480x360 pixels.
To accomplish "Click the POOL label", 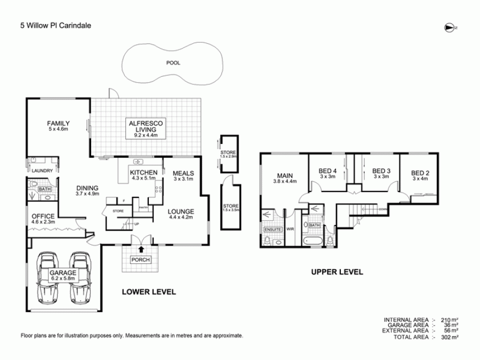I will [x=173, y=63].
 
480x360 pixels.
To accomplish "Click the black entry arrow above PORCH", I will [x=141, y=249].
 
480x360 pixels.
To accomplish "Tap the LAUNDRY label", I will [x=42, y=171].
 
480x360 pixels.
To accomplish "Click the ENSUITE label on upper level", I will [x=272, y=229].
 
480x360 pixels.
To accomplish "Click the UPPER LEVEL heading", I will [x=337, y=272].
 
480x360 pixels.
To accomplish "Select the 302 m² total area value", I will [x=451, y=338].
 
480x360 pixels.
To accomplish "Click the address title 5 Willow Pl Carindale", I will [x=55, y=25].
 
